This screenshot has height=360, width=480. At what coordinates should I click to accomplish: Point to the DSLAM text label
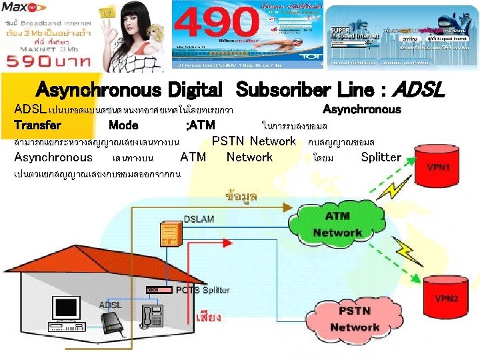click(x=199, y=218)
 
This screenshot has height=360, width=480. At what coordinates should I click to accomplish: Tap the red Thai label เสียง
click(x=209, y=317)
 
